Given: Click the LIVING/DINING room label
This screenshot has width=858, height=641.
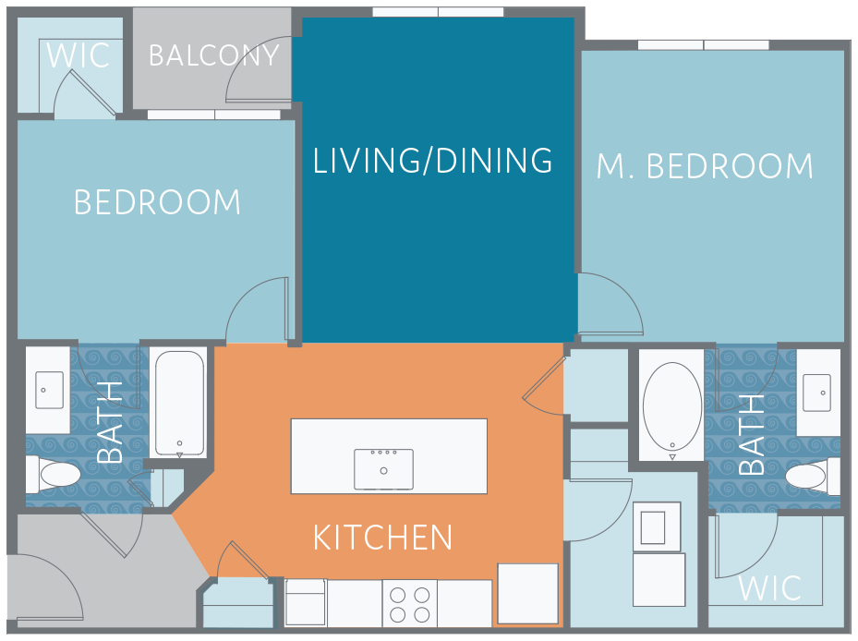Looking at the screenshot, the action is (432, 161).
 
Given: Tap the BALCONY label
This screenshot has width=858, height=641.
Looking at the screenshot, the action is (214, 55).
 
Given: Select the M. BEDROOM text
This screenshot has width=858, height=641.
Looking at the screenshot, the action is (705, 166).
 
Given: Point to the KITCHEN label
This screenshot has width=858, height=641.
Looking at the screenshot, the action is (382, 538).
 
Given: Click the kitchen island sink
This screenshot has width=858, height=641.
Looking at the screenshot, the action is (383, 469).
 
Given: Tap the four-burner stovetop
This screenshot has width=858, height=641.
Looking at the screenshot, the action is (410, 604).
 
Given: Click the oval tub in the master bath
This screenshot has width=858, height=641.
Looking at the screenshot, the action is (672, 408).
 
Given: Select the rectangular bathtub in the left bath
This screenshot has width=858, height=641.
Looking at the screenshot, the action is (179, 404).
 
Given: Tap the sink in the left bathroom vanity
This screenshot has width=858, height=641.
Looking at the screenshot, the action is (49, 390).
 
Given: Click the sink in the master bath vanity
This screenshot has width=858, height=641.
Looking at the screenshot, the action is (817, 393).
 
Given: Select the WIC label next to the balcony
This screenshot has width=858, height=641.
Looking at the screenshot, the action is (79, 55).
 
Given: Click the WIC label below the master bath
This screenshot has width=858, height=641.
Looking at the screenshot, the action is (770, 588).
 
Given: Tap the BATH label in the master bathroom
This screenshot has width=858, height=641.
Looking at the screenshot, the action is (751, 435).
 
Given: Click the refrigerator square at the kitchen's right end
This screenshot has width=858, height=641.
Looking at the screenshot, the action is (527, 593).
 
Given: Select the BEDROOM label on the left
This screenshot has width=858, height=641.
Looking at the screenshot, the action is (157, 202).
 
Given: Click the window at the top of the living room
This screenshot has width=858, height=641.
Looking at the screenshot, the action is (438, 12).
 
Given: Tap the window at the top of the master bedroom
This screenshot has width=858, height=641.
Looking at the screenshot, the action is (703, 45).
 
